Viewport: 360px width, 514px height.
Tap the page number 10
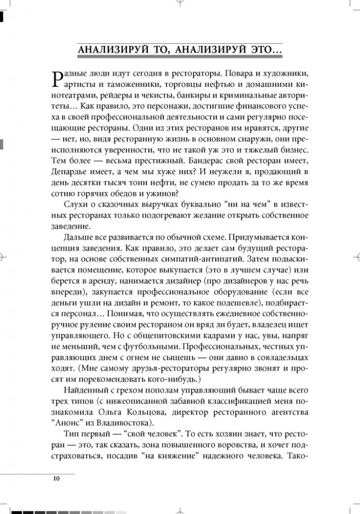pos(56,480)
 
